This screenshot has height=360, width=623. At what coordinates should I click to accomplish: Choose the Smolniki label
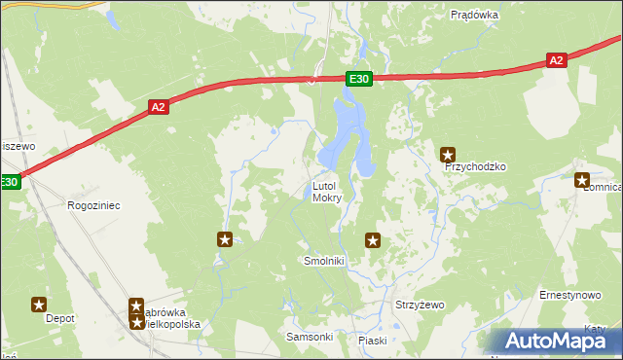click(325, 262)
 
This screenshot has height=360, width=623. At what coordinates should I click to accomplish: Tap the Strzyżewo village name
click(419, 305)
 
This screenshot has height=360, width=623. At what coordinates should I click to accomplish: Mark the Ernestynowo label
click(570, 294)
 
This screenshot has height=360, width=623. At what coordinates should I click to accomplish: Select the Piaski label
click(372, 341)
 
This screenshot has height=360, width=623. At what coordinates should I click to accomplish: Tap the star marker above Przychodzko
click(448, 154)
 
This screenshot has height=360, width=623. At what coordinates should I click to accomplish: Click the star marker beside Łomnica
click(582, 179)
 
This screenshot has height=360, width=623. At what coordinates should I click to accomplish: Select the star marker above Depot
click(39, 304)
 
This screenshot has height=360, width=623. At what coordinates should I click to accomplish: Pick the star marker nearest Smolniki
click(372, 239)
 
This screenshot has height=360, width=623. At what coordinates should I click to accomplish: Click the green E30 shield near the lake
click(358, 80)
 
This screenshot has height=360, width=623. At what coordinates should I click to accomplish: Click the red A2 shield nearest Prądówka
click(555, 60)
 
